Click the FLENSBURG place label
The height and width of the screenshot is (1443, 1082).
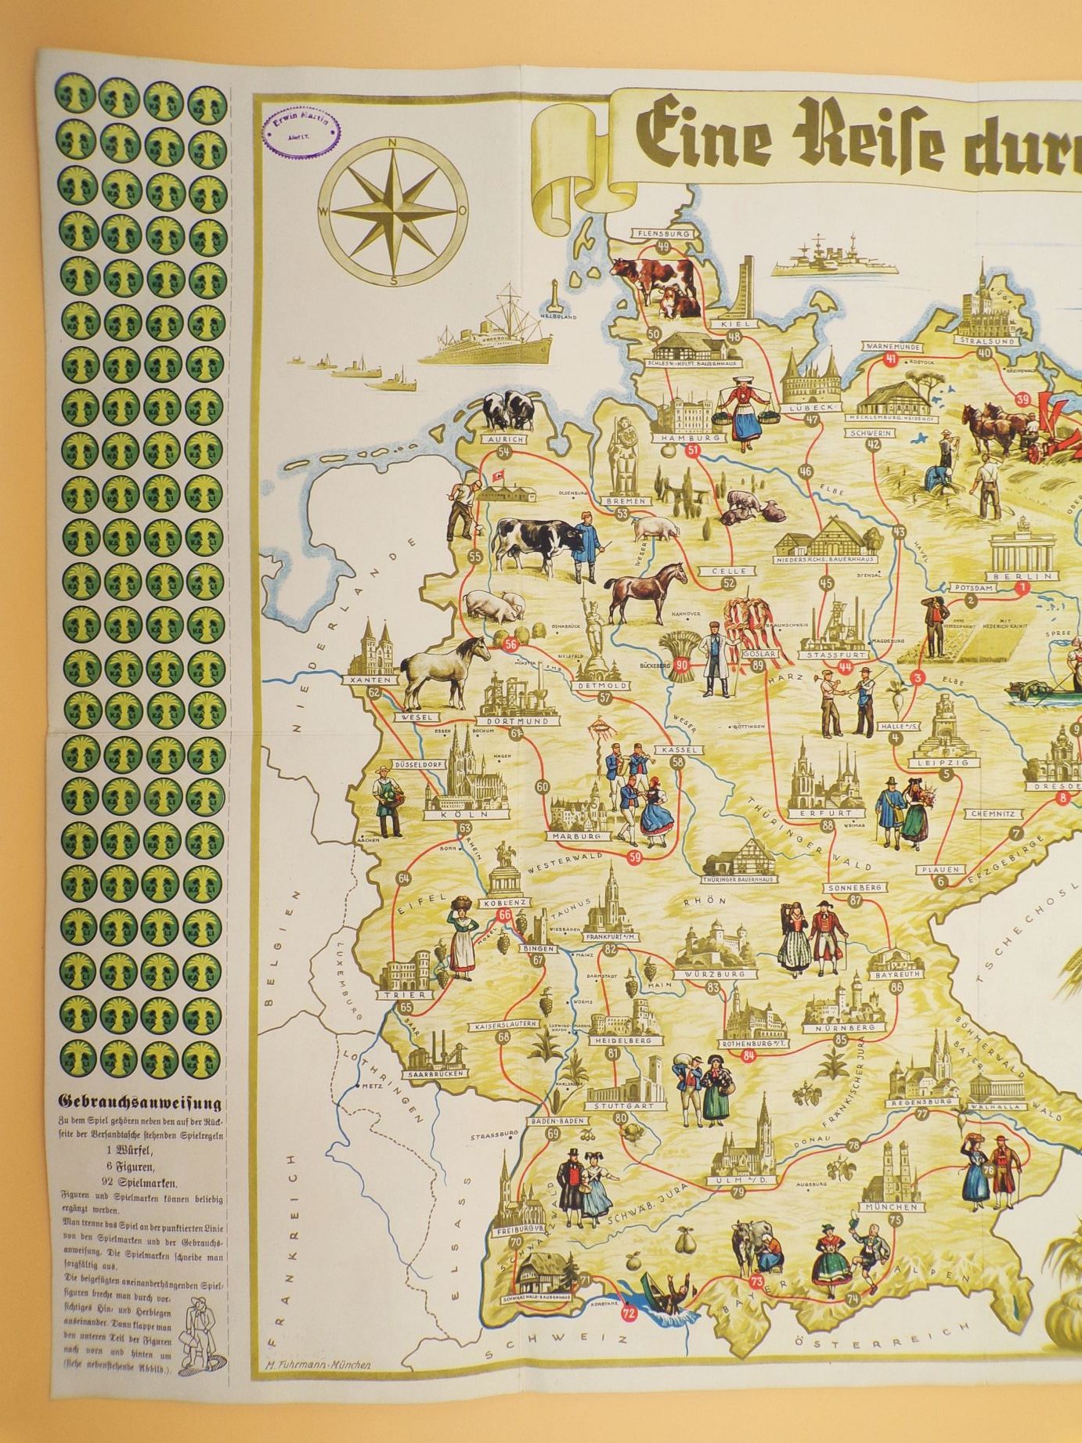(x=662, y=233)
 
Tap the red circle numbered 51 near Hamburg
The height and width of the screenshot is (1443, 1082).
(x=692, y=450)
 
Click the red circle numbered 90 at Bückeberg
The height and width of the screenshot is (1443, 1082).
(x=682, y=666)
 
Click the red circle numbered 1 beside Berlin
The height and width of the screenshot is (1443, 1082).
(x=1020, y=586)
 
